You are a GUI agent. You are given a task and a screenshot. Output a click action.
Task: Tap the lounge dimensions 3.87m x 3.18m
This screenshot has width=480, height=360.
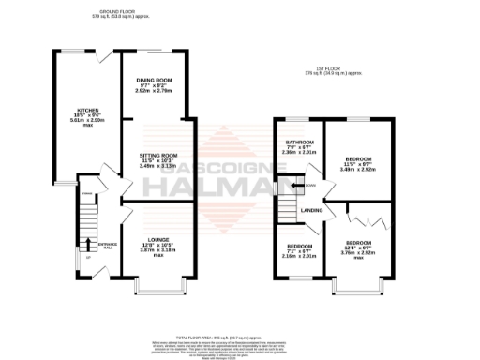pyautogui.click(x=157, y=251)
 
